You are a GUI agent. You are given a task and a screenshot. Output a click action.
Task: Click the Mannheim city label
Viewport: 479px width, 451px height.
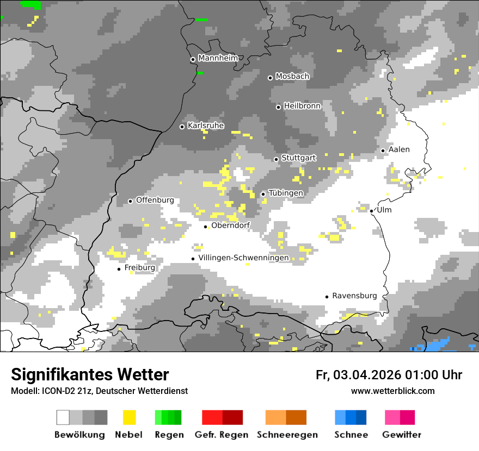[x=218, y=58]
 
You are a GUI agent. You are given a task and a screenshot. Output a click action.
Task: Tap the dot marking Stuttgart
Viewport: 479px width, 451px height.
[x=277, y=159]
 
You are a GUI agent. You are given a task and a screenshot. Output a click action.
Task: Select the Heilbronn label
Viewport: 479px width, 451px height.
[x=302, y=106]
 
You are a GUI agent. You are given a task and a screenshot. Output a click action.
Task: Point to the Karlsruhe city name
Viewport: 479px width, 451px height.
[x=206, y=126]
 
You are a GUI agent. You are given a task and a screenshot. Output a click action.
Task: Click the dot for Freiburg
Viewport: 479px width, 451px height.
[x=119, y=269]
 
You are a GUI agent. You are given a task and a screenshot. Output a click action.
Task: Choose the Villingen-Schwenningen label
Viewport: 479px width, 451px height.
[x=243, y=258]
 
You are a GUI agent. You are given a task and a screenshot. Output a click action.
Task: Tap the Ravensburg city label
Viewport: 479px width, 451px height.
[x=354, y=296]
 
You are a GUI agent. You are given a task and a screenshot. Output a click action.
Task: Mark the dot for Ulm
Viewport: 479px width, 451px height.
[x=371, y=211]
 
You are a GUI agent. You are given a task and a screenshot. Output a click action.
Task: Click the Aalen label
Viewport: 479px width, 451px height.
[x=399, y=149]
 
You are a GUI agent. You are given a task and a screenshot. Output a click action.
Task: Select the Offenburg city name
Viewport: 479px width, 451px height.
[x=155, y=200]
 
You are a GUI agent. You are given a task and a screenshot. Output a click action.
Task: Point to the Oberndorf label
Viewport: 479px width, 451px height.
[x=231, y=225]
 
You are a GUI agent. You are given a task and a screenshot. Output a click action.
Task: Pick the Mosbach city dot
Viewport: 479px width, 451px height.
[x=270, y=78]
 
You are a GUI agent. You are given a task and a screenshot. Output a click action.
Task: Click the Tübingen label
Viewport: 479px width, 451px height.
[x=286, y=193]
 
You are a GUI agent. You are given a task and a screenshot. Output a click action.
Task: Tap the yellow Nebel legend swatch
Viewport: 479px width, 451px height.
[x=129, y=417]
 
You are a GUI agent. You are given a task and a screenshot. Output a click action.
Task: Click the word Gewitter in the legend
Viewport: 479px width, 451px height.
[x=401, y=435]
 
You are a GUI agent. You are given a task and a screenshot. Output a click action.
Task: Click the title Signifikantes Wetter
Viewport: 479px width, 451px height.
[x=90, y=374]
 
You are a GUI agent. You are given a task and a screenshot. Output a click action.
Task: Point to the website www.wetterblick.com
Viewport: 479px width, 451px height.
[x=392, y=391]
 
